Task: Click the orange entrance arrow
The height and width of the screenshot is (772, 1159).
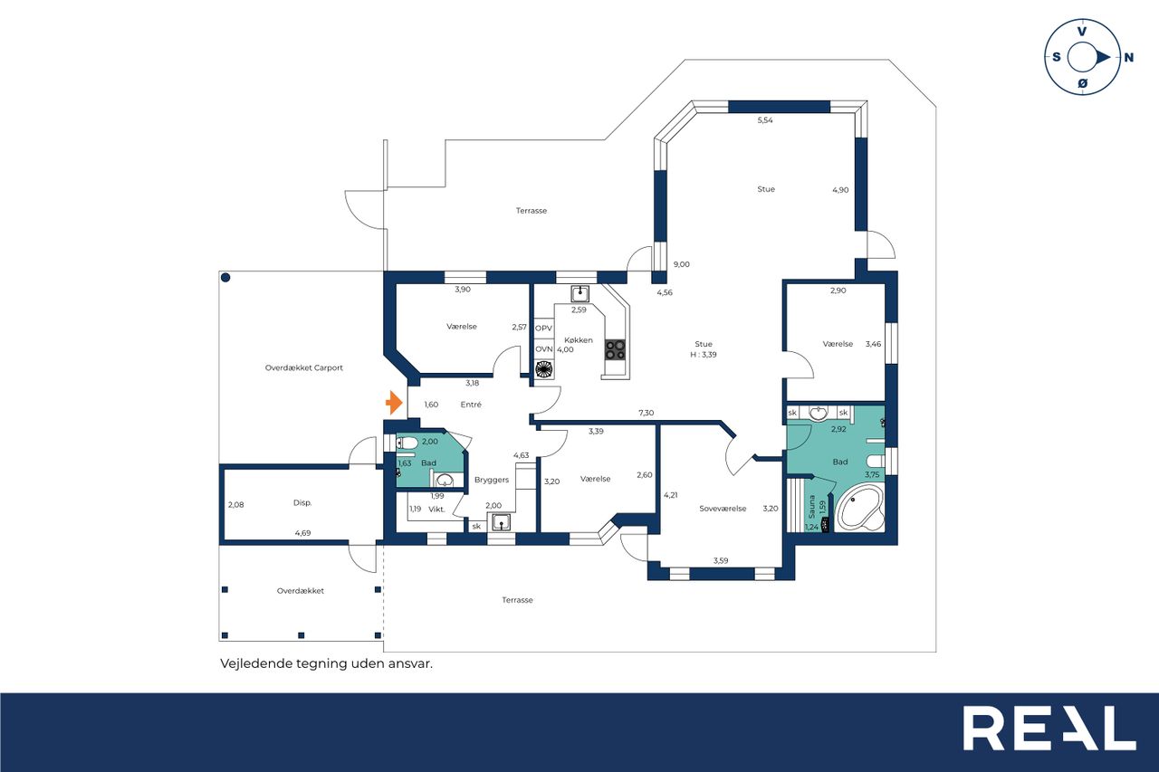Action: (394, 403)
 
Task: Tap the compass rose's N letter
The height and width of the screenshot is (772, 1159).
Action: (1129, 57)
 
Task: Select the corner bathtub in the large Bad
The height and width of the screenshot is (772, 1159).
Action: (860, 508)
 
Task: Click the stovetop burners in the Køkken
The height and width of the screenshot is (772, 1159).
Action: (615, 349)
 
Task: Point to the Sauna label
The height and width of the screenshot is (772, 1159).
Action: (812, 507)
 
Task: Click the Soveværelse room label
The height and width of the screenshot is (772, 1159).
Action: (723, 509)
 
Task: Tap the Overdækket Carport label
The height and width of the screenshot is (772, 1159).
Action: (303, 368)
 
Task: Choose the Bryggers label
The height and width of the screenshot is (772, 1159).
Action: (492, 480)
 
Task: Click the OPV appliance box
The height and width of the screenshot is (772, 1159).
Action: (544, 329)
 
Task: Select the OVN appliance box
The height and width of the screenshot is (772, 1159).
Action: (544, 349)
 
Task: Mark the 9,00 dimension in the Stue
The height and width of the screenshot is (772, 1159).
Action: (682, 264)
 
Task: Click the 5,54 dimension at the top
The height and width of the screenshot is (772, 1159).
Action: (765, 120)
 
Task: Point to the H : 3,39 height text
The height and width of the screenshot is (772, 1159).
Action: (704, 355)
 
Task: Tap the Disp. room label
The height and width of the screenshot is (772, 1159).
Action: (302, 502)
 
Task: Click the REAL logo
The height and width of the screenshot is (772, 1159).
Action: (1049, 728)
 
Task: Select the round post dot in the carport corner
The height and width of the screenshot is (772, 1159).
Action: (225, 278)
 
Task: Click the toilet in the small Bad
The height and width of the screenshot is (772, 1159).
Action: (407, 443)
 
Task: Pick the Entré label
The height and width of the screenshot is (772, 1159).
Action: (471, 405)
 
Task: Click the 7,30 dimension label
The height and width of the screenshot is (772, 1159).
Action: (647, 413)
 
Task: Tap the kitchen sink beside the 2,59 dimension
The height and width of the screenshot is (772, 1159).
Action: (580, 294)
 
